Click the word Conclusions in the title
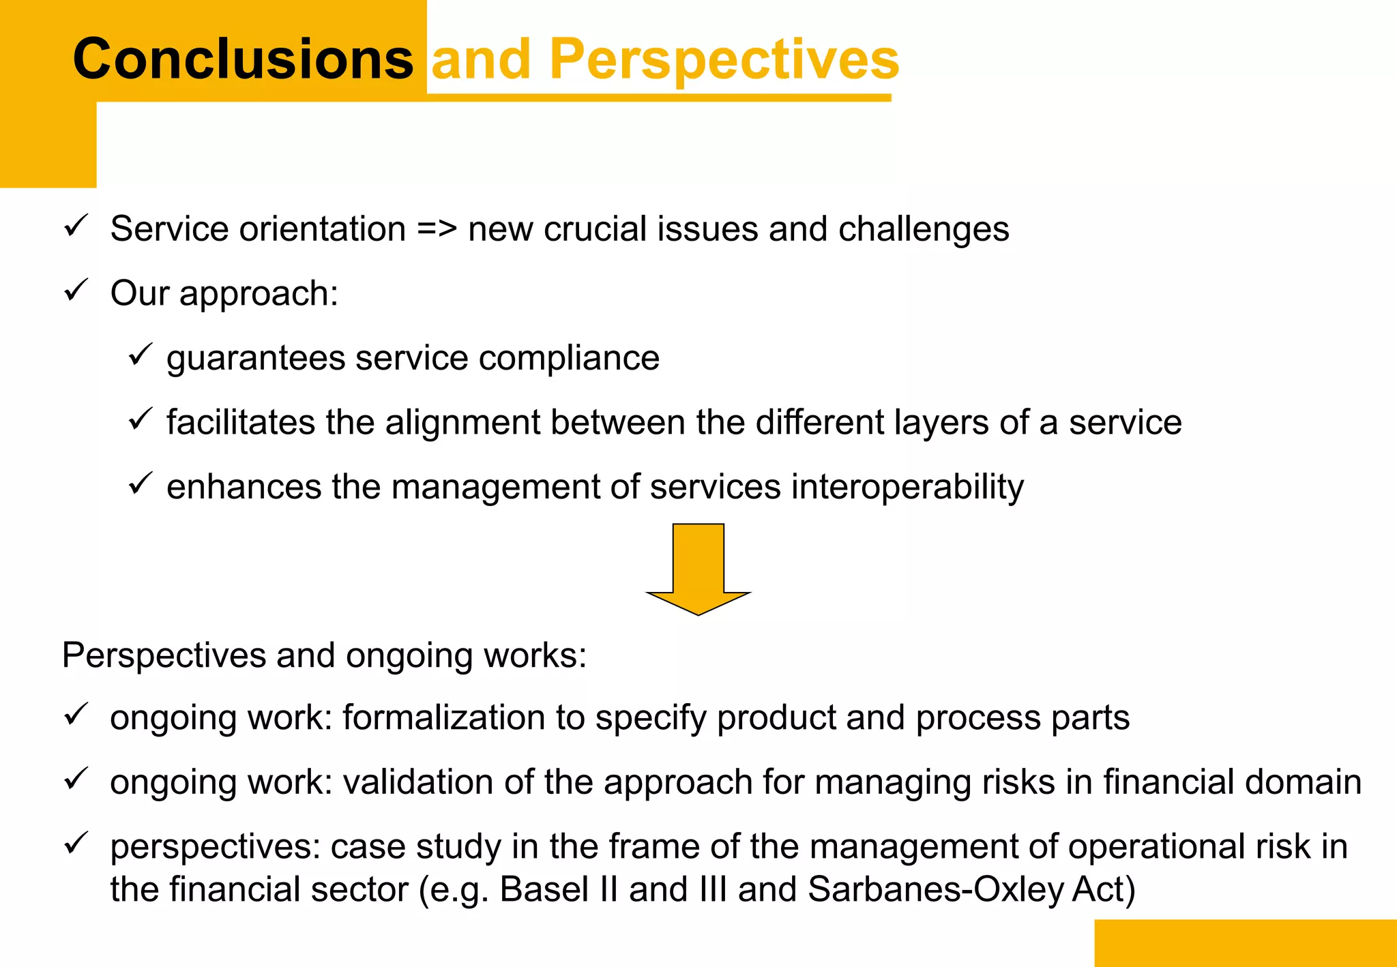[242, 59]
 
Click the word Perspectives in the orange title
[724, 60]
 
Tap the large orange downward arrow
[698, 569]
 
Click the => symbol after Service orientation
[437, 229]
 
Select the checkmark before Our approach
[76, 291]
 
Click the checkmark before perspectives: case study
[76, 844]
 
